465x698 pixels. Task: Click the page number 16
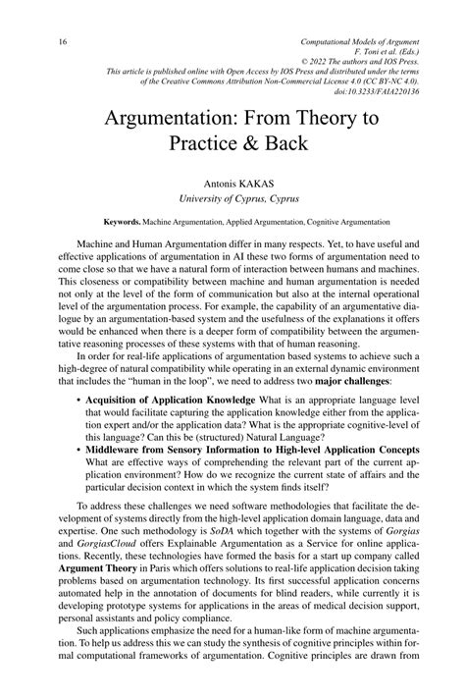click(36, 42)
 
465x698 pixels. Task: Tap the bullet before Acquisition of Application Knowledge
click(77, 402)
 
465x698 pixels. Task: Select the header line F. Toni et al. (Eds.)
click(392, 55)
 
